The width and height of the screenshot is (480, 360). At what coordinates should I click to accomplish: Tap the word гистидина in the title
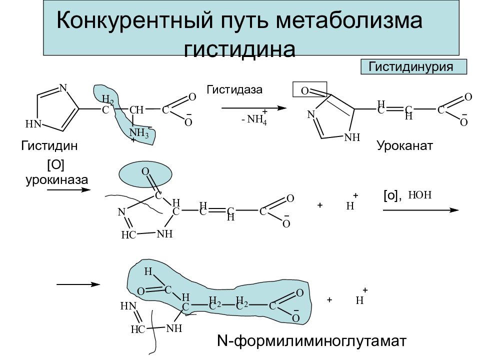(239, 48)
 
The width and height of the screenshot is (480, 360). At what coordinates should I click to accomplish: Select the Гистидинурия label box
(413, 66)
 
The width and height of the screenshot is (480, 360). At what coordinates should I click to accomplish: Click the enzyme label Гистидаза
(234, 89)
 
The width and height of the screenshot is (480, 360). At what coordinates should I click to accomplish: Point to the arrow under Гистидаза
(254, 108)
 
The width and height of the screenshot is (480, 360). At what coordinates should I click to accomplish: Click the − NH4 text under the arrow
(254, 118)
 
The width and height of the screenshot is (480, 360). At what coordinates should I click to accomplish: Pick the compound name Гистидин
(49, 145)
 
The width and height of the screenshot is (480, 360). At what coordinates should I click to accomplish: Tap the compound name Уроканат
(404, 145)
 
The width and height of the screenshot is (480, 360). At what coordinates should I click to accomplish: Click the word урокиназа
(57, 179)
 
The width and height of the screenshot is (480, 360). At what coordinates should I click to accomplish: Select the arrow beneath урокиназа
(69, 190)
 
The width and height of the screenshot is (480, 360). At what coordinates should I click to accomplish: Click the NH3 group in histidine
(139, 133)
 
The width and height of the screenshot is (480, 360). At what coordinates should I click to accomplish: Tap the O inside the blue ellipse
(145, 171)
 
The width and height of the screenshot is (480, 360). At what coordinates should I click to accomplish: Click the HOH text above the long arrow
(419, 194)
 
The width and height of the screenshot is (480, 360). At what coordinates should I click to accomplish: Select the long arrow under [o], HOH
(421, 210)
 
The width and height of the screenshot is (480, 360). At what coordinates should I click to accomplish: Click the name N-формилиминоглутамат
(311, 340)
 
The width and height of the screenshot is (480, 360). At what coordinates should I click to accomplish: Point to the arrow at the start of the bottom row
(78, 284)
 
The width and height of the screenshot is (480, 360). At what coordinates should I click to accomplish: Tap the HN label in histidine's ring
(33, 124)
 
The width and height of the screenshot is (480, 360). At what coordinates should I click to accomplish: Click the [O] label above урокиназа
(55, 165)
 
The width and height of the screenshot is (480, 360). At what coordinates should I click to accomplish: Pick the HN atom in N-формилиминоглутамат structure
(128, 306)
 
